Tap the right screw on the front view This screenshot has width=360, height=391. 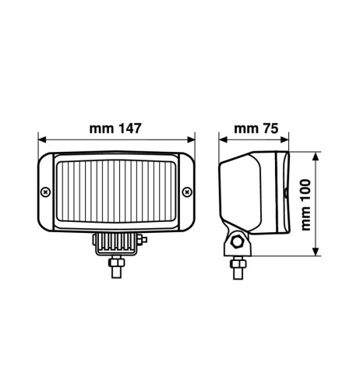[186, 192]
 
